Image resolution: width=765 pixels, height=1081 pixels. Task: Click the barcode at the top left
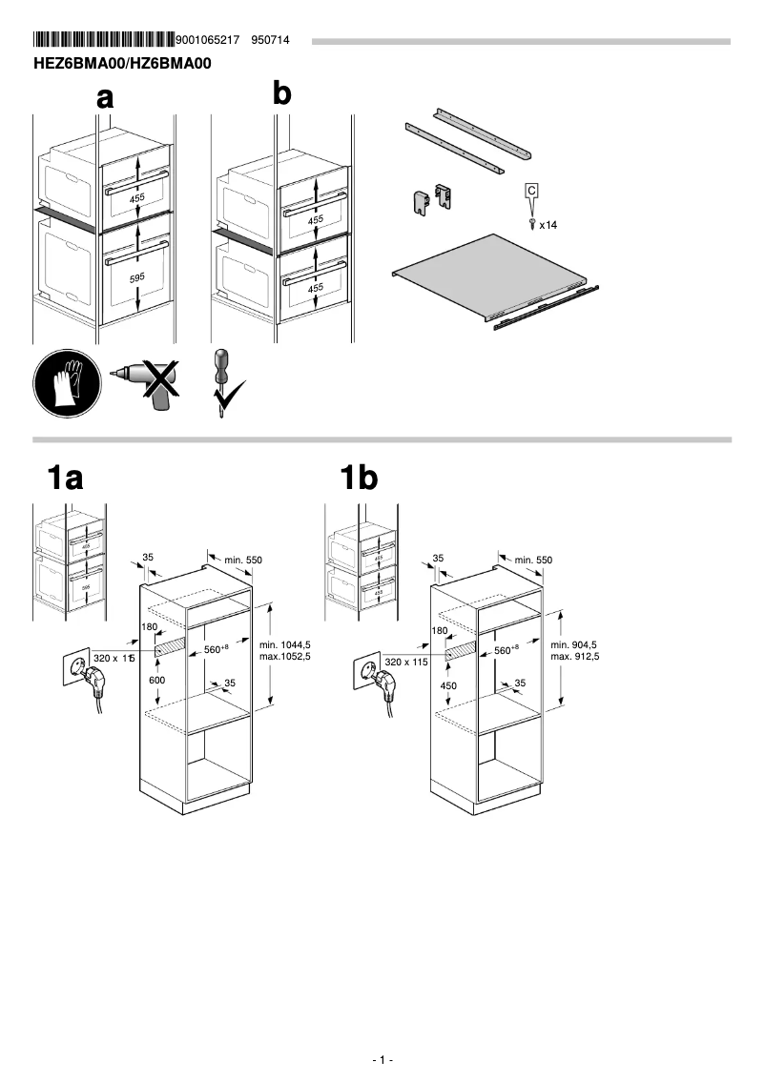[104, 40]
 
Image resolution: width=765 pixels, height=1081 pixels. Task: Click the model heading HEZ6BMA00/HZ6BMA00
[121, 64]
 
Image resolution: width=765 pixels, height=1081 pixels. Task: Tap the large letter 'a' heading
[105, 96]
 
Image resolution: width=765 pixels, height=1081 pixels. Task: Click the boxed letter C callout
[532, 192]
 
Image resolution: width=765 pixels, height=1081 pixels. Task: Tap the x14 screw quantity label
[548, 226]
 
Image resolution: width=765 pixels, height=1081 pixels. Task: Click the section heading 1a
[66, 477]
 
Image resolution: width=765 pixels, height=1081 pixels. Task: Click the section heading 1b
[360, 477]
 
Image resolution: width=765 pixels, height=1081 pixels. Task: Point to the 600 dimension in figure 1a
[155, 680]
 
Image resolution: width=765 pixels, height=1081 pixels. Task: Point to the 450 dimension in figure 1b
[448, 685]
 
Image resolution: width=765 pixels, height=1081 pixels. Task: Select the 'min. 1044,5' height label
[285, 645]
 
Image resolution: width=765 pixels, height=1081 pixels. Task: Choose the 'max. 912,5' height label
[574, 657]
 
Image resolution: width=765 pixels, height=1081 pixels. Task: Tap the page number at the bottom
[382, 1060]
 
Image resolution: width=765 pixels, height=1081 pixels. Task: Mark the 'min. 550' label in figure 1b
[533, 560]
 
